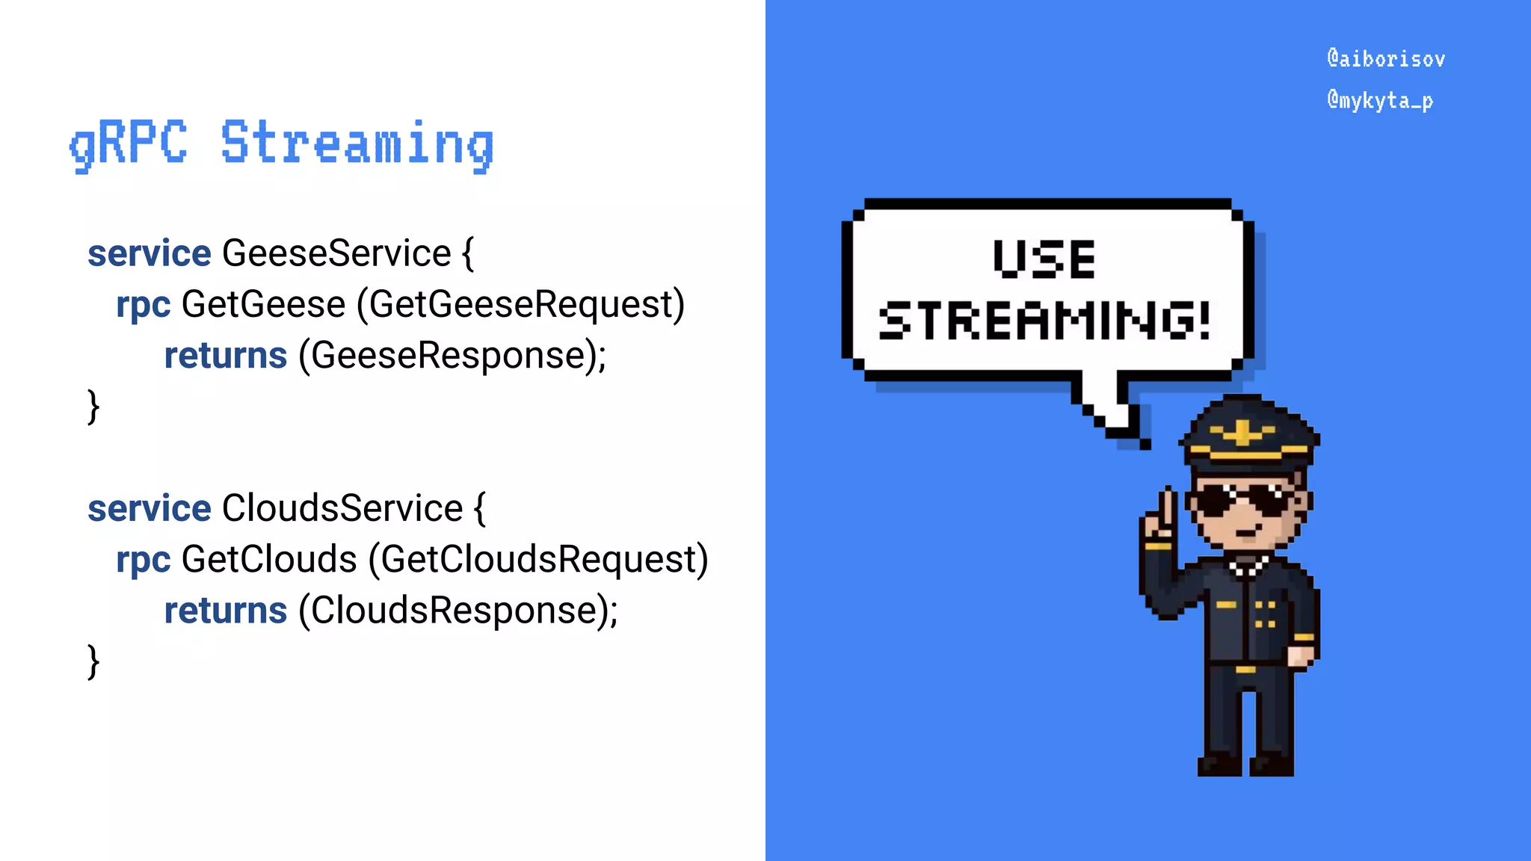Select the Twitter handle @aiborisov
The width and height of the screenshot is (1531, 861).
tap(1386, 59)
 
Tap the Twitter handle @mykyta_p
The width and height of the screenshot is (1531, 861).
tap(1380, 100)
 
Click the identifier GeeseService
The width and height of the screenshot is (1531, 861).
tap(336, 253)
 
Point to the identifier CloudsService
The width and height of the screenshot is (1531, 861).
tap(342, 508)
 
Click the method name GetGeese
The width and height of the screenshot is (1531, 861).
tap(263, 304)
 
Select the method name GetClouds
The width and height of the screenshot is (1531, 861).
tap(269, 559)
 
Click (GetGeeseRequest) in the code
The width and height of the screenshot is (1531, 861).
tap(520, 305)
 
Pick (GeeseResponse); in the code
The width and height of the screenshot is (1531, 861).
tap(452, 356)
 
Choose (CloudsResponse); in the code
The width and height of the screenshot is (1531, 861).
tap(458, 611)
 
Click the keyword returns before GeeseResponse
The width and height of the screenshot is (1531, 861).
tap(226, 356)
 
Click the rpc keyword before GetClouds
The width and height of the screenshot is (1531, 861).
tap(143, 561)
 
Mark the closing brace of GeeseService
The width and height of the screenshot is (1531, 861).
tap(93, 407)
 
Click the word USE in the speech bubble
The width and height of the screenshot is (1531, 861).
tap(1044, 259)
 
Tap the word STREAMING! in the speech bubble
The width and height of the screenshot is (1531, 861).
tap(1044, 321)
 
